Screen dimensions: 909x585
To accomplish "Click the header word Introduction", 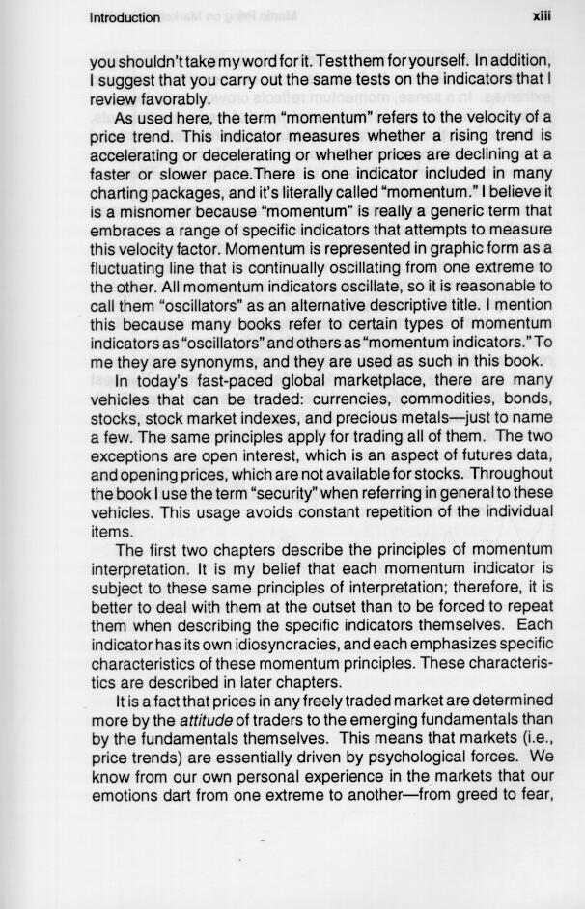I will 125,18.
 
